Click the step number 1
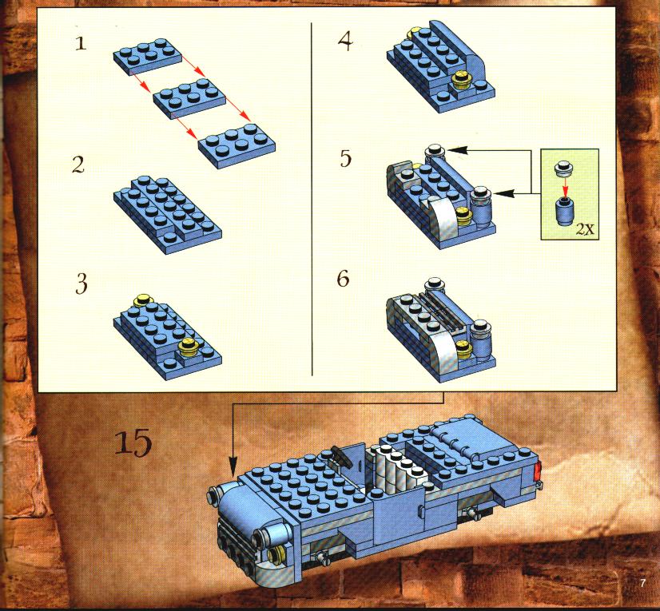(81, 43)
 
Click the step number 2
(78, 165)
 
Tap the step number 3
(82, 284)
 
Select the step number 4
(345, 42)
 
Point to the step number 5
(345, 159)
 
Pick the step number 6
(343, 279)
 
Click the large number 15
(133, 442)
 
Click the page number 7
(642, 583)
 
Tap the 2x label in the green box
(585, 229)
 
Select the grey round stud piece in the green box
(563, 168)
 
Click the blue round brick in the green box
(565, 210)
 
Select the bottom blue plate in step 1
(237, 145)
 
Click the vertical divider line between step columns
(312, 199)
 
